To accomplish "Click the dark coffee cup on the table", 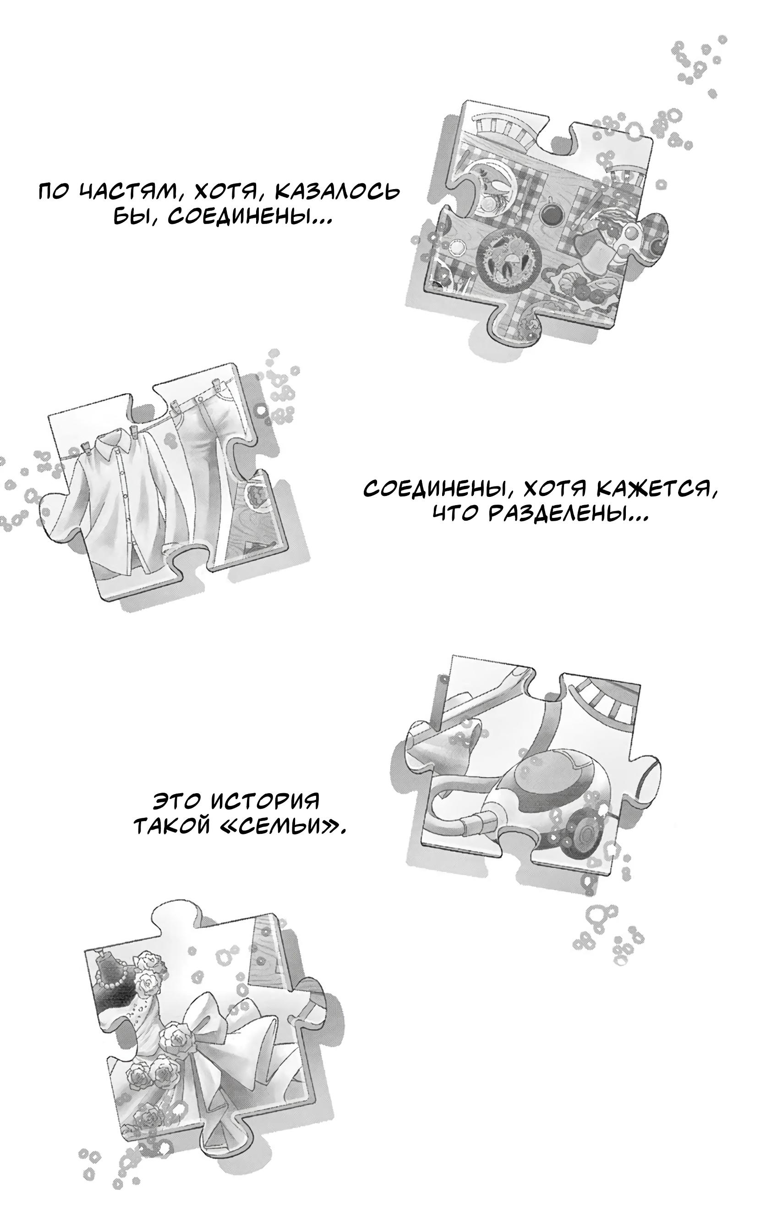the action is pos(551,213).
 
